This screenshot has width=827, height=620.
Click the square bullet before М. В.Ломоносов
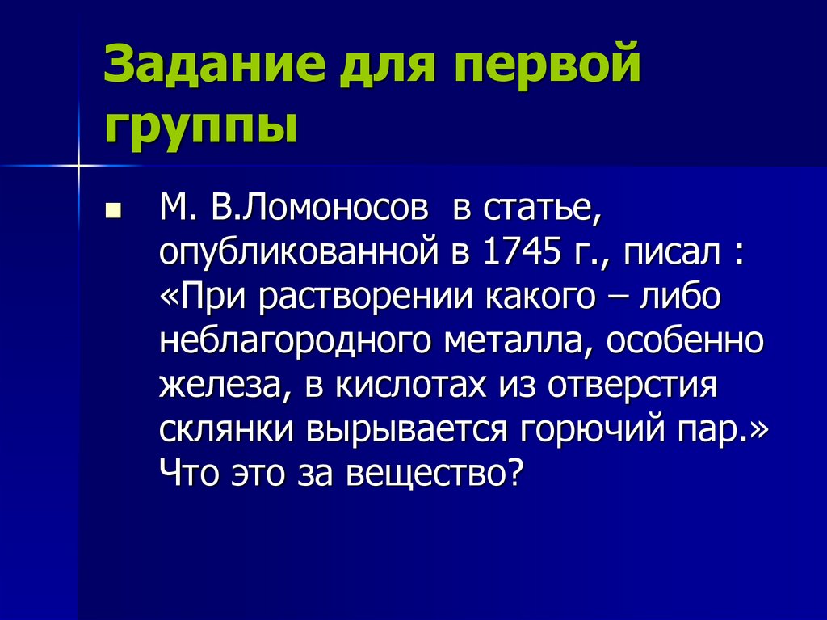pyautogui.click(x=113, y=213)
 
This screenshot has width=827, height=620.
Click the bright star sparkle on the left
pyautogui.click(x=79, y=166)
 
